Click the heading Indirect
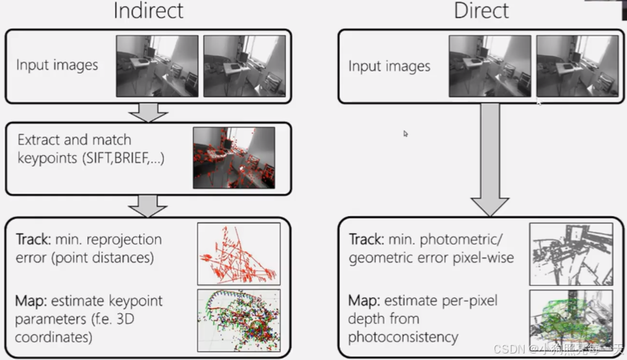148,11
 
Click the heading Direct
481,11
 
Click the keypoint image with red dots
234,158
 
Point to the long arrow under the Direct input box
490,159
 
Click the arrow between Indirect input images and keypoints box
147,112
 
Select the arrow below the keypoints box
147,206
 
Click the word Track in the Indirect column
32,240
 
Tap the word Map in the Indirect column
30,301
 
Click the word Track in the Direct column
365,240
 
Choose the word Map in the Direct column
363,301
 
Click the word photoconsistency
403,337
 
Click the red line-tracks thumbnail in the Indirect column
239,253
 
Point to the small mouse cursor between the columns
405,133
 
